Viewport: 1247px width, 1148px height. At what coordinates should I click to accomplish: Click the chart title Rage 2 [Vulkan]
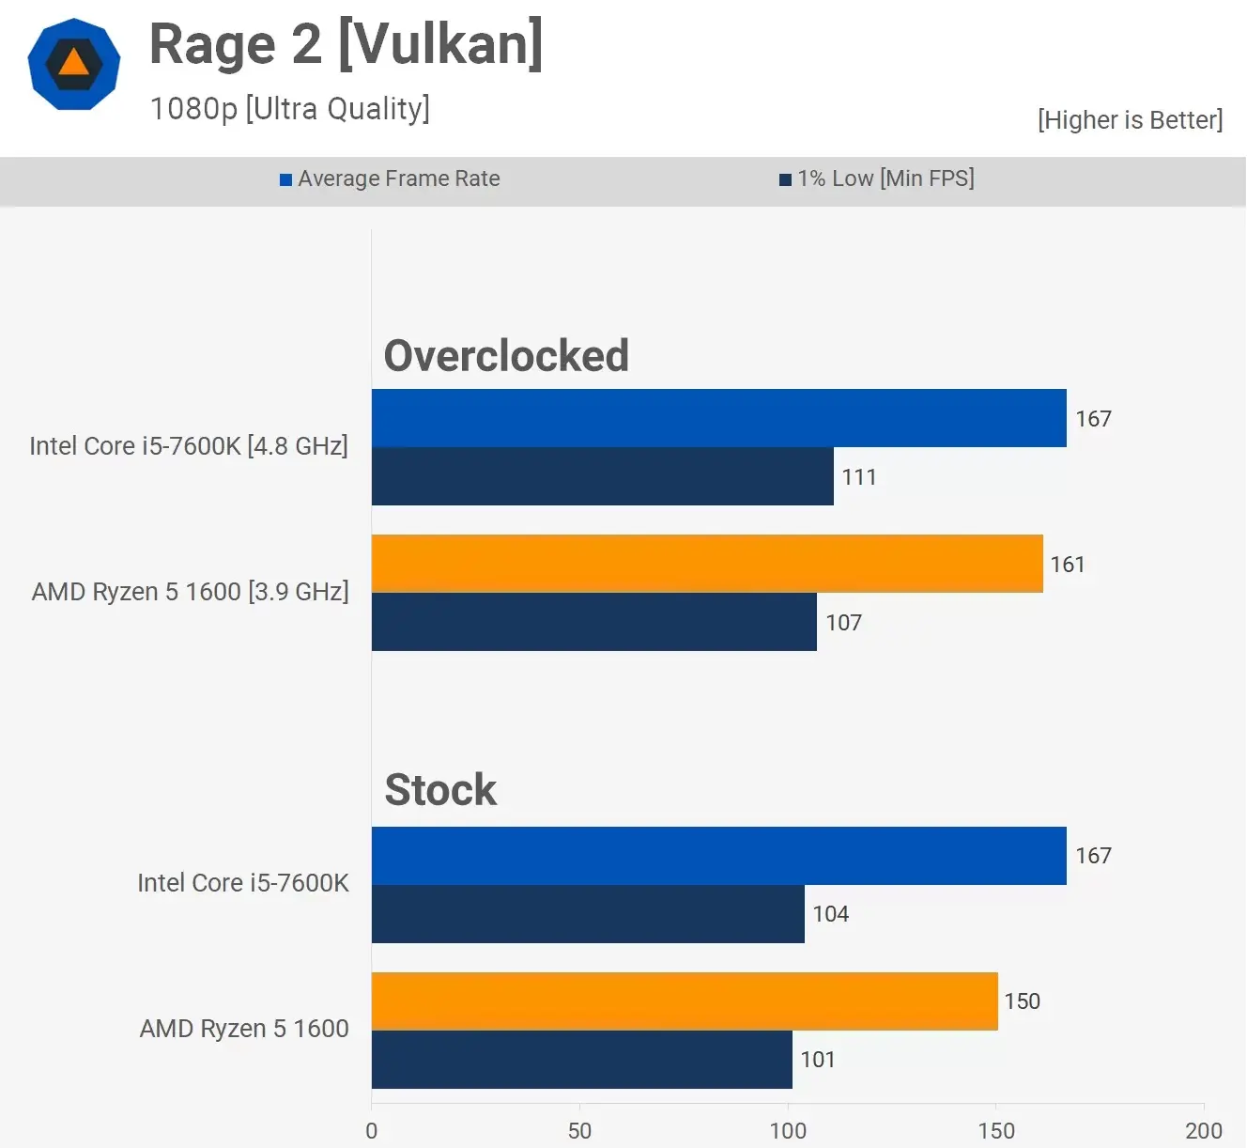(346, 44)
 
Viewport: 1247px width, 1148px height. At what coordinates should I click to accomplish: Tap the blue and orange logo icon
(74, 64)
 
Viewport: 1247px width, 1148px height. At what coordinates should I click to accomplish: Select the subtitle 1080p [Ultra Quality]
(289, 109)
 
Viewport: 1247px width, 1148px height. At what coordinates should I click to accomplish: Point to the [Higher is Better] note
(1130, 120)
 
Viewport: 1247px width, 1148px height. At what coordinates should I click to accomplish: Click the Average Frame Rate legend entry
(390, 178)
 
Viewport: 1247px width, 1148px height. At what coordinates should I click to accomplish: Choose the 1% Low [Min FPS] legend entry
(877, 178)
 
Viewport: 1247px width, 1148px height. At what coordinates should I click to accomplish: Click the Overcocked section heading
(506, 356)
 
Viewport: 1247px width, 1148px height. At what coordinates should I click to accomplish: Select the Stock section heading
(440, 789)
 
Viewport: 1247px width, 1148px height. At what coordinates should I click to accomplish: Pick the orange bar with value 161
(707, 564)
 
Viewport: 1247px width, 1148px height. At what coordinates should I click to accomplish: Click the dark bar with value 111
(602, 476)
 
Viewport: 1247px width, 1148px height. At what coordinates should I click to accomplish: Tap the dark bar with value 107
(593, 622)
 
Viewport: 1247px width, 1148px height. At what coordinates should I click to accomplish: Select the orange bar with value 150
(685, 1001)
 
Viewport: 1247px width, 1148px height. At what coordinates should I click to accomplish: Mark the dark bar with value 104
(588, 914)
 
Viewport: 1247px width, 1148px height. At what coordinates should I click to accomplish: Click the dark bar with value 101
(581, 1060)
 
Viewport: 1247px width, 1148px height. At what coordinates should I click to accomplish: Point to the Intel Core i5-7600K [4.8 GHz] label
(189, 445)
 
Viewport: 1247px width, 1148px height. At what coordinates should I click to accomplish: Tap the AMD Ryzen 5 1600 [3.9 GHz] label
(191, 592)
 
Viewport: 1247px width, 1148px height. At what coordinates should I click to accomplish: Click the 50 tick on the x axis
(579, 1130)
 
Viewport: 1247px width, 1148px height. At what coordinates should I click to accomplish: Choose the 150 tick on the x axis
(995, 1130)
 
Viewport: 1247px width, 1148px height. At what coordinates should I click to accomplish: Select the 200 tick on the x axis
(1203, 1130)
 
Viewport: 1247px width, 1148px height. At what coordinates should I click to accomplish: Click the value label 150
(1022, 1001)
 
